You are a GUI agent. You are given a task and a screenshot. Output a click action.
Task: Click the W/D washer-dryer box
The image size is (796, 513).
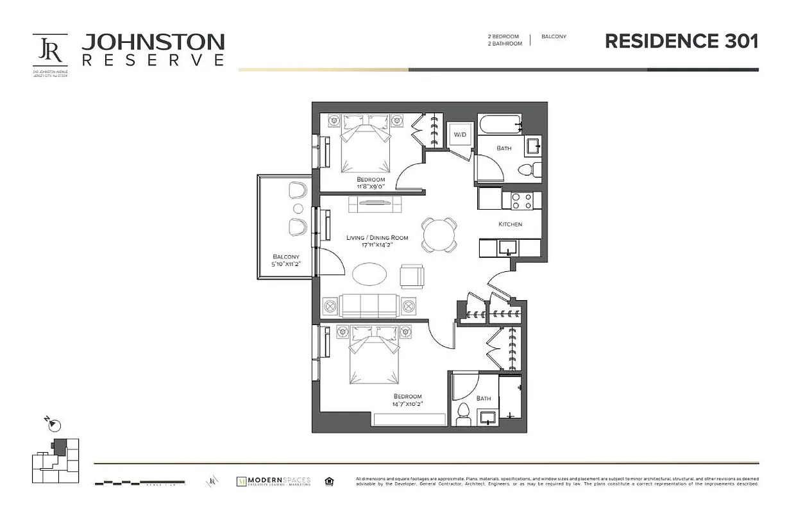(459, 135)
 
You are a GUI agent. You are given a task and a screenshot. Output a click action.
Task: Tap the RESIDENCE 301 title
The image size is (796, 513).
(682, 41)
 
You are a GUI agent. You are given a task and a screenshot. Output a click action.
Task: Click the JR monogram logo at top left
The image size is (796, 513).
(49, 49)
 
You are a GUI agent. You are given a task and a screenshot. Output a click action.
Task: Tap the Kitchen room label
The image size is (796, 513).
(510, 224)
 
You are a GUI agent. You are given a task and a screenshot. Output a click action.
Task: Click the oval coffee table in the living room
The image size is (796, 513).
(370, 274)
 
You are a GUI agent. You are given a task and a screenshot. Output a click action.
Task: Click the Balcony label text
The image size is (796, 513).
(285, 256)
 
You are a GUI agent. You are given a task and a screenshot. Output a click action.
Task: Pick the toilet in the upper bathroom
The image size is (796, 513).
(528, 170)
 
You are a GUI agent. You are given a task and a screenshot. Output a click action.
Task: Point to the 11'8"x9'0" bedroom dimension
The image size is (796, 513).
(371, 187)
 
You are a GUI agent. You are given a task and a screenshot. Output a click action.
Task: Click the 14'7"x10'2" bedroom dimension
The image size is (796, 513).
(408, 404)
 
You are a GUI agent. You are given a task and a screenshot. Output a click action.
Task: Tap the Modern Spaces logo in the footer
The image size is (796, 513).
(274, 481)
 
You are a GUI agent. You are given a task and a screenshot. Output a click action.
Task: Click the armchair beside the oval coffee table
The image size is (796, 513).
(411, 276)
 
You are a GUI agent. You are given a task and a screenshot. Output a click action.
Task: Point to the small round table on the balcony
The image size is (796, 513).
(298, 208)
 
